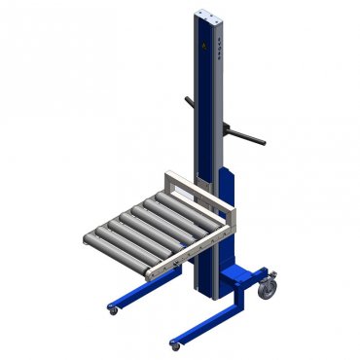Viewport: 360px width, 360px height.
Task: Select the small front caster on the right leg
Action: (175, 344)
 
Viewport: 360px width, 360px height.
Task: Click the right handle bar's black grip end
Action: (262, 141)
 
